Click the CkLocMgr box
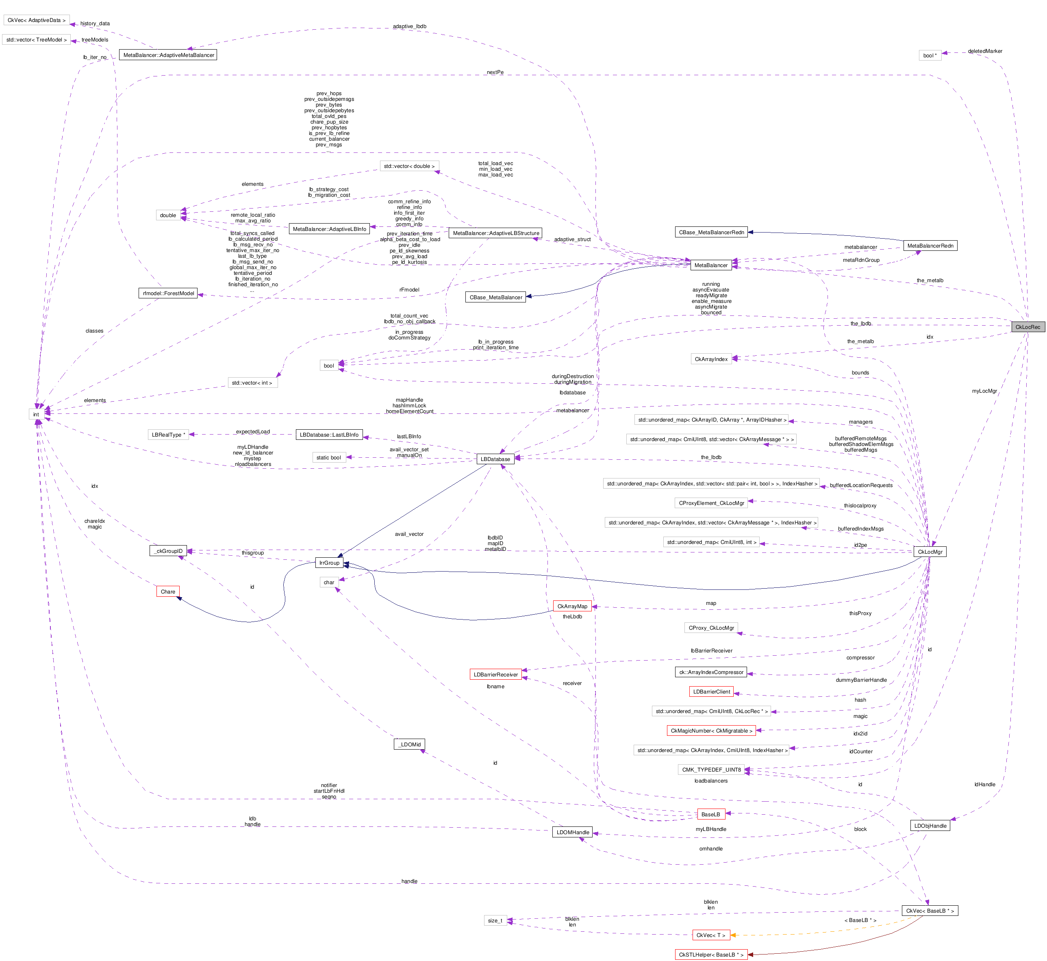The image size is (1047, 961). [930, 552]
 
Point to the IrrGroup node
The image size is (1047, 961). [329, 563]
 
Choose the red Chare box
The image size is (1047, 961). [168, 592]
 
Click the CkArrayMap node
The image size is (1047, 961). [572, 607]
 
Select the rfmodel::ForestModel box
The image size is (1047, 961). [168, 293]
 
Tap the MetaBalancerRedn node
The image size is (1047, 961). [930, 246]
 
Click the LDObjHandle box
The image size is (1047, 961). [930, 826]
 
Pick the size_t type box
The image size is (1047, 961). [495, 920]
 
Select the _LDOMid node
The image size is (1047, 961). [410, 745]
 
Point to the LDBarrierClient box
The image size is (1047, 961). [711, 691]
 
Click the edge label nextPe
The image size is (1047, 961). [495, 72]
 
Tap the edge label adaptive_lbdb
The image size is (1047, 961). [410, 26]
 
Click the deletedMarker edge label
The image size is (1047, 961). [985, 51]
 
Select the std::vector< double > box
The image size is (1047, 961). [409, 166]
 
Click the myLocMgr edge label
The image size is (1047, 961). [984, 391]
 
